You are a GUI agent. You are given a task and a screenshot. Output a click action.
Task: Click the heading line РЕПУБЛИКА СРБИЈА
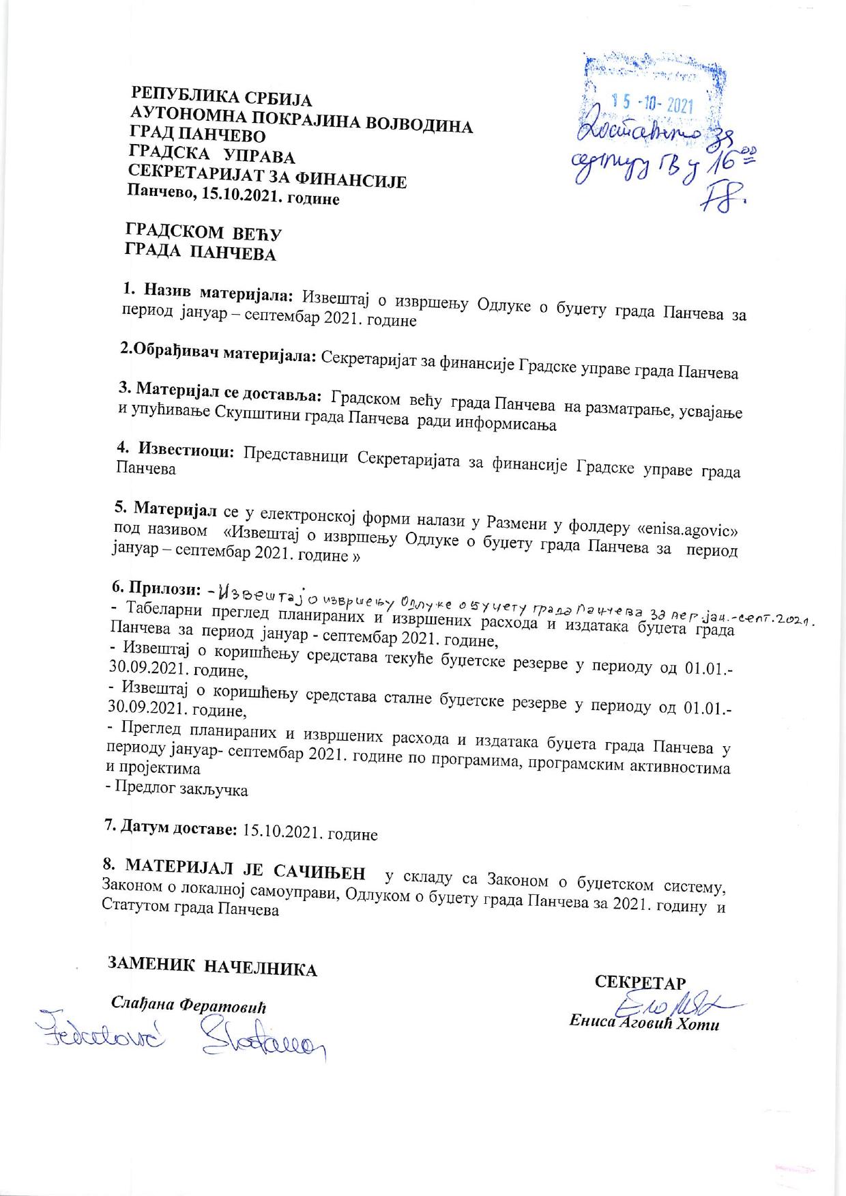coord(221,96)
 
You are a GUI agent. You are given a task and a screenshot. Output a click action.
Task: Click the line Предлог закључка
coord(177,790)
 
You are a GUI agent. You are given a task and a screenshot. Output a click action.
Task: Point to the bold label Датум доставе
coord(171,829)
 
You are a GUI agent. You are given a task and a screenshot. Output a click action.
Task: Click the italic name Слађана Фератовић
coord(188,1005)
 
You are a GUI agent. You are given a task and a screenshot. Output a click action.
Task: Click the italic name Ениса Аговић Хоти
coord(644,1024)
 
